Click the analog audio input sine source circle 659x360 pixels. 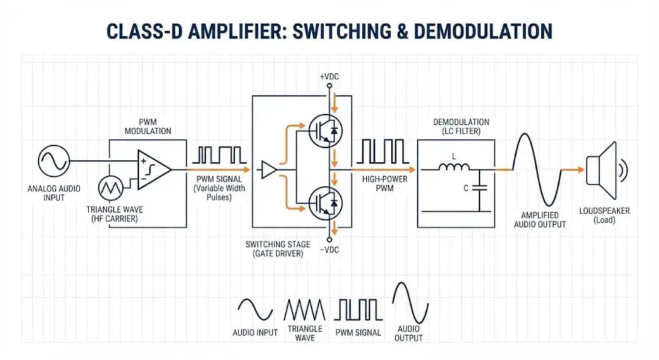tap(54, 160)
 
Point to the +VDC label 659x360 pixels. tap(329, 77)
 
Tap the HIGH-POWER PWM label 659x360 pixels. tap(384, 184)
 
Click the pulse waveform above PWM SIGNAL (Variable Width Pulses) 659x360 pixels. tap(219, 155)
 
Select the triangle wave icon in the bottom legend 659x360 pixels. tap(306, 310)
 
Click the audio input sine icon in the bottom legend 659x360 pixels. tap(255, 309)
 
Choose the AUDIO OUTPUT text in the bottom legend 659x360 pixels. tap(409, 333)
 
